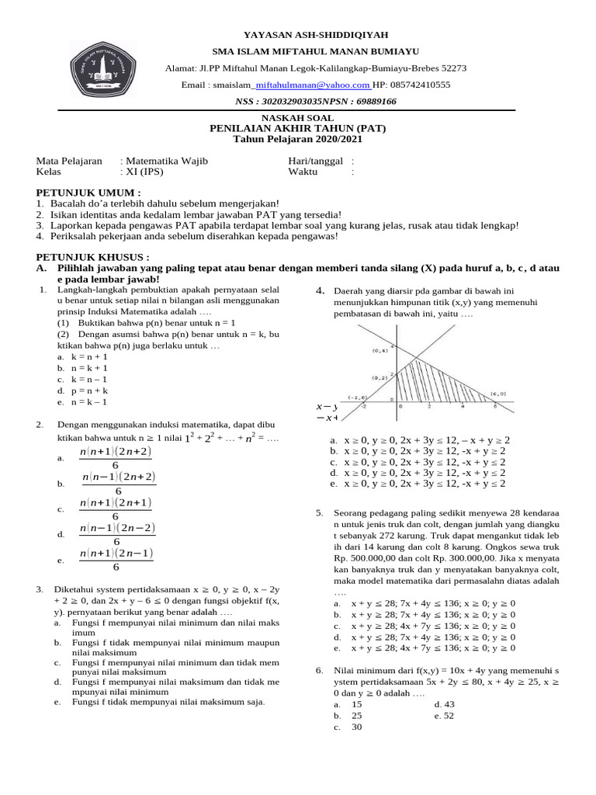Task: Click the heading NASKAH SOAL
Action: pyautogui.click(x=297, y=118)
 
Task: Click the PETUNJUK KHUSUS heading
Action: pyautogui.click(x=93, y=257)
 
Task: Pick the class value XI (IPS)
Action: pyautogui.click(x=144, y=172)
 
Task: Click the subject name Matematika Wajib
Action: pyautogui.click(x=167, y=161)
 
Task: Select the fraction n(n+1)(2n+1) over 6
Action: pyautogui.click(x=116, y=509)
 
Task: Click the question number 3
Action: pyautogui.click(x=40, y=589)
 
